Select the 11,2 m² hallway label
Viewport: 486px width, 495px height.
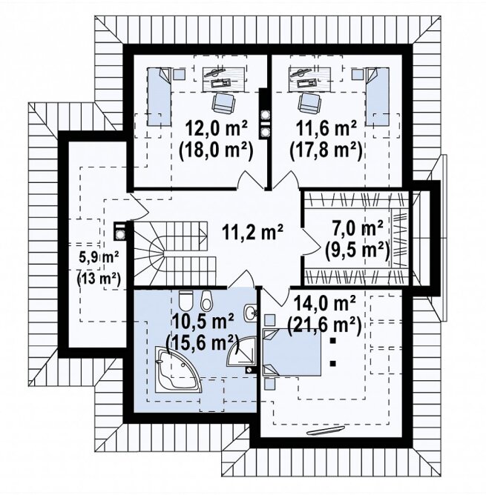252,233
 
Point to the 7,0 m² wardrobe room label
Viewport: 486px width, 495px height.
358,228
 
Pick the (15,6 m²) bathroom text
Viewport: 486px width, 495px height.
203,342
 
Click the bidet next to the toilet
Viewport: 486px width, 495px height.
206,300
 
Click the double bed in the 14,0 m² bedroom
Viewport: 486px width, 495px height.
292,352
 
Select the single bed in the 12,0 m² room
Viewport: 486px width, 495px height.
159,96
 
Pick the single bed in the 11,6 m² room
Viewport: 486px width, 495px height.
377,96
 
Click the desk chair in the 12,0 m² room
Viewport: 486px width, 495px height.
224,102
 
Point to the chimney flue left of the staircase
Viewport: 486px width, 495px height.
120,232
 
